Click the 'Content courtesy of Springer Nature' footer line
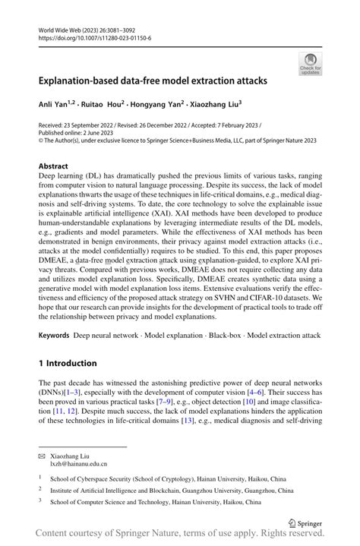pos(180,536)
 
